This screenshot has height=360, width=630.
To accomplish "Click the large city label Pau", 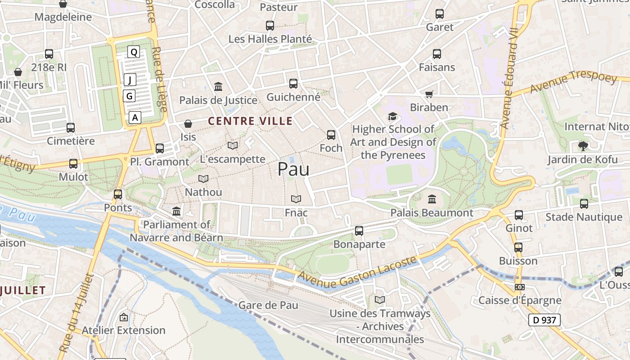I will pyautogui.click(x=293, y=169).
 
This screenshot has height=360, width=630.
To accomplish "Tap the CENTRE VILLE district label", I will pyautogui.click(x=250, y=121).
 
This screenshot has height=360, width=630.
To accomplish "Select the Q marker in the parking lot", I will pyautogui.click(x=134, y=52).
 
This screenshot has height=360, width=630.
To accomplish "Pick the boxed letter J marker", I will pyautogui.click(x=130, y=80).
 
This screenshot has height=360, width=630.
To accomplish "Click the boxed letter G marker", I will pyautogui.click(x=130, y=96).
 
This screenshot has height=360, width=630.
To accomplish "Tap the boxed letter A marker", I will pyautogui.click(x=135, y=118).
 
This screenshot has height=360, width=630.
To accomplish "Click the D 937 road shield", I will pyautogui.click(x=544, y=320).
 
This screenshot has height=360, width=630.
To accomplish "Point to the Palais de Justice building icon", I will pyautogui.click(x=218, y=86).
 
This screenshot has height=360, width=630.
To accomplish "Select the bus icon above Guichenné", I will pyautogui.click(x=293, y=84).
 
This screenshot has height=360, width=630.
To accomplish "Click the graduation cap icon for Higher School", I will pyautogui.click(x=393, y=117).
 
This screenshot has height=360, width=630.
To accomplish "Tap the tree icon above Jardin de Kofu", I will pyautogui.click(x=583, y=146).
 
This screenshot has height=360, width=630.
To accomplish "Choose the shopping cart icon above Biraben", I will pyautogui.click(x=429, y=94).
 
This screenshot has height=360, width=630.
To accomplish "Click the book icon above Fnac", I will pyautogui.click(x=296, y=199).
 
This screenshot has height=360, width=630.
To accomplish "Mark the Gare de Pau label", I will pyautogui.click(x=268, y=305).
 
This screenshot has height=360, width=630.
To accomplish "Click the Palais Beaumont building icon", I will pyautogui.click(x=432, y=199).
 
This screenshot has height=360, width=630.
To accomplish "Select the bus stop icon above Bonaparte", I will pyautogui.click(x=359, y=231).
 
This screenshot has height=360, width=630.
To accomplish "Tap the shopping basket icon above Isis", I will pyautogui.click(x=188, y=123).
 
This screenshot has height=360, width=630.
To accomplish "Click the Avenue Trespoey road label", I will pyautogui.click(x=573, y=83).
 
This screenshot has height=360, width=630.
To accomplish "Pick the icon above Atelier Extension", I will pyautogui.click(x=123, y=317).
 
